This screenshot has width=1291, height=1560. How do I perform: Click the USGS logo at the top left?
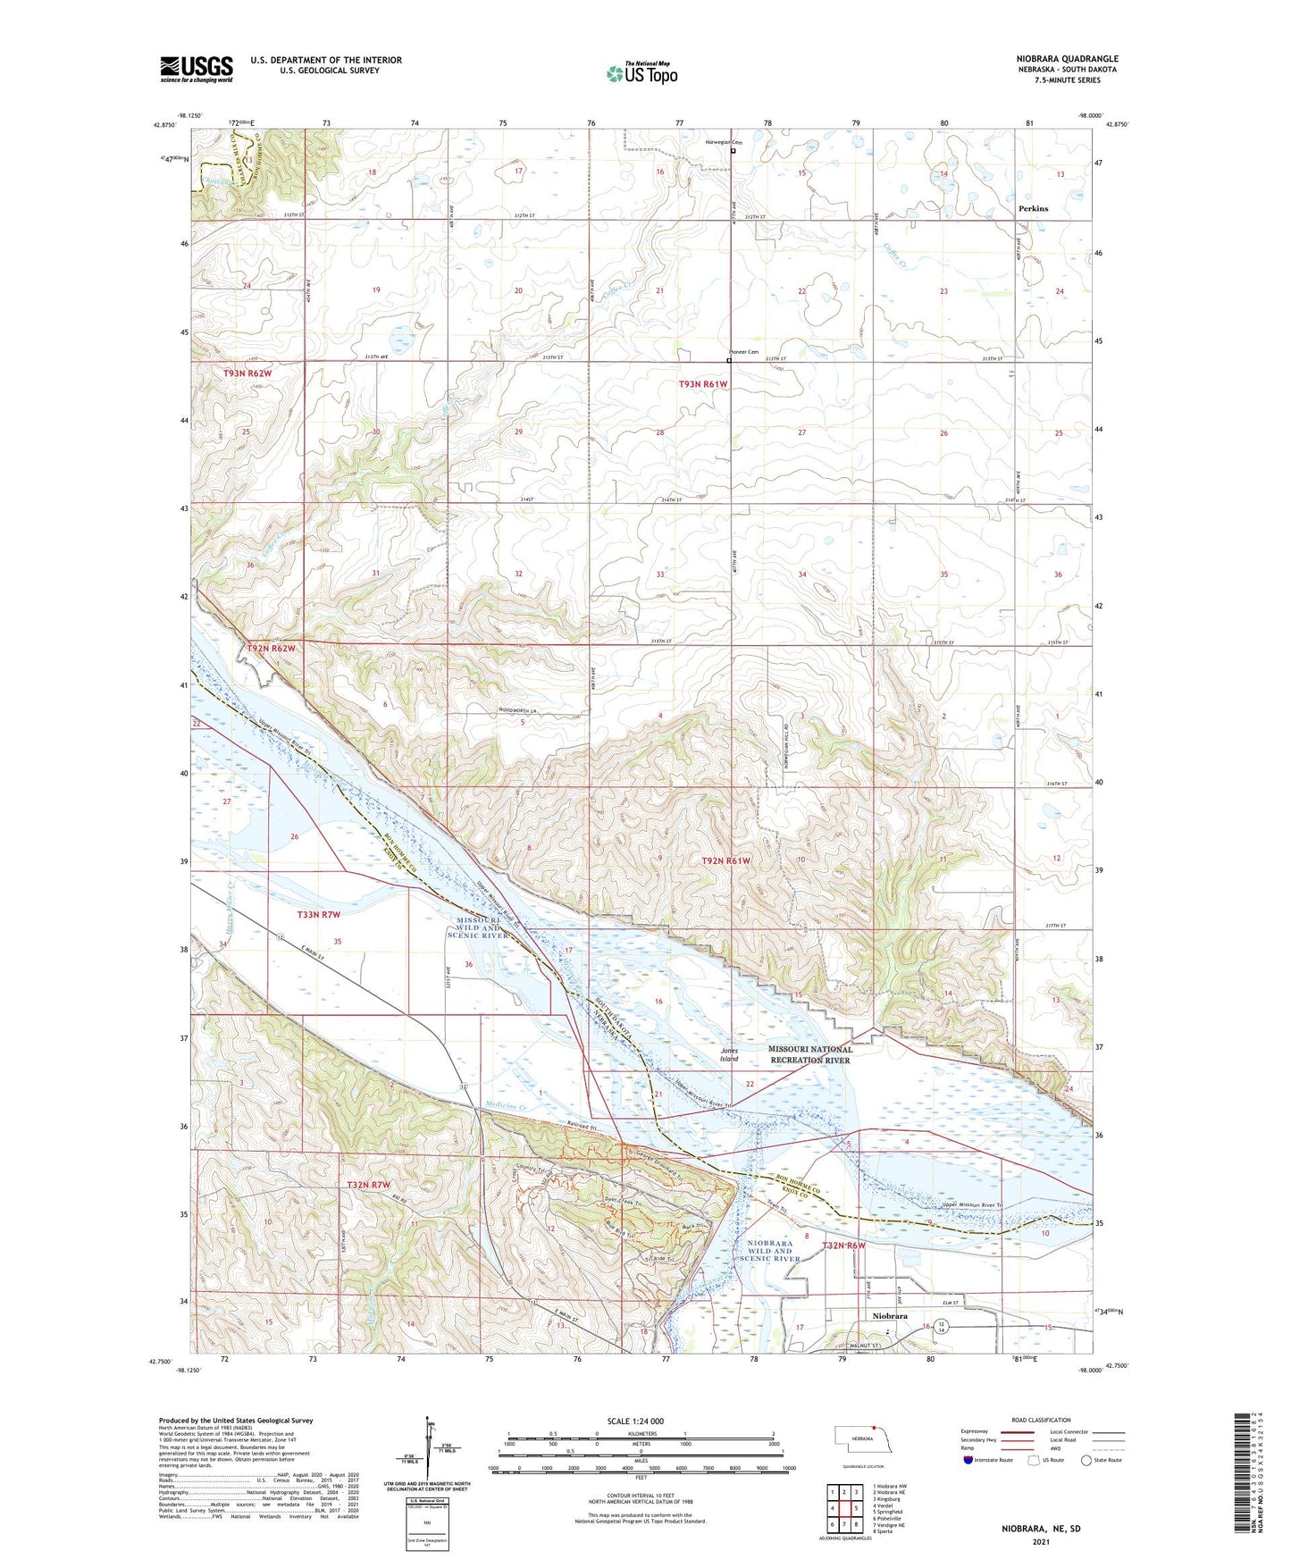coord(197,69)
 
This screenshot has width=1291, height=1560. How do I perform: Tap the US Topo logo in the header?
coord(641,73)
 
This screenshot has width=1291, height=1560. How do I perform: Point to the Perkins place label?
coord(1033,208)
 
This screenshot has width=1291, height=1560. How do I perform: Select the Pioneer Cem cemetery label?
coord(743,352)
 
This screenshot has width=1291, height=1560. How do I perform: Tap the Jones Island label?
coord(729,1055)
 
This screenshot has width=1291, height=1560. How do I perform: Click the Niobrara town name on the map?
coord(889,1316)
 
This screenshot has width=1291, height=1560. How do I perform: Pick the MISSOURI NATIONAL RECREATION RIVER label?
coord(810,1054)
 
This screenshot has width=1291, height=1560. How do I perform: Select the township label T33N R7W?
coord(319,914)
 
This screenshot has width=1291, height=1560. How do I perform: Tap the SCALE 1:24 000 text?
coord(635,1421)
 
